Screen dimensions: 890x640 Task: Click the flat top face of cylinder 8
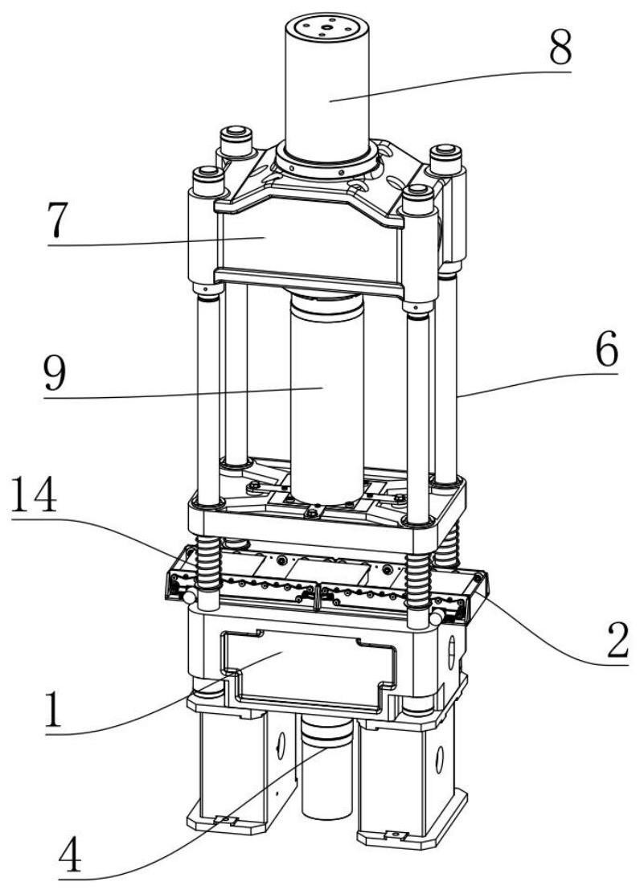coord(326,29)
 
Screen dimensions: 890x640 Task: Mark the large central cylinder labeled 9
coord(326,402)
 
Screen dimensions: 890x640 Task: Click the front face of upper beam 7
coord(306,237)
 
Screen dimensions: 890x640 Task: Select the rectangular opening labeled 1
coord(306,671)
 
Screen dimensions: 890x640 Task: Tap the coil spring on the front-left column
coord(207,567)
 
